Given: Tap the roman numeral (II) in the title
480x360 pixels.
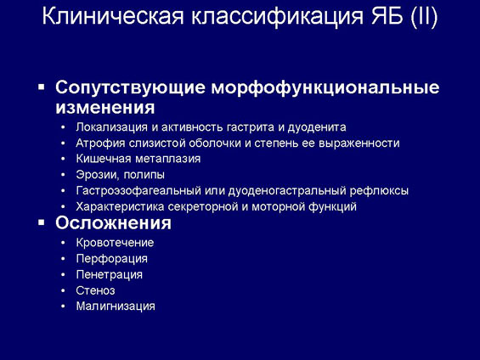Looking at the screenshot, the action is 424,16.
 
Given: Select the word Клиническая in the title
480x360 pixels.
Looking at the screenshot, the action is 113,16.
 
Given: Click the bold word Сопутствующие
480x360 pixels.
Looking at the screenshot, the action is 130,87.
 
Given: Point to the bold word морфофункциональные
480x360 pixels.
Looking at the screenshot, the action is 325,87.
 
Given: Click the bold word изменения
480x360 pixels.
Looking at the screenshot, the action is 105,107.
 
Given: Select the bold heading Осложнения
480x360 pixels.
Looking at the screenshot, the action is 113,222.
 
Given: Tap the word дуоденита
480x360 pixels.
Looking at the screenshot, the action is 317,127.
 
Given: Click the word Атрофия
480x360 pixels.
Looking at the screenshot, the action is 100,143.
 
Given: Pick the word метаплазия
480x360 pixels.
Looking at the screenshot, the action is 167,159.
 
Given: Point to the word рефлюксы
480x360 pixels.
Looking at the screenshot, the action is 379,191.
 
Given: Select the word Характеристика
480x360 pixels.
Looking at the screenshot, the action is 120,207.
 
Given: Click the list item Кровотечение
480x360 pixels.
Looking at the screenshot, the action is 115,243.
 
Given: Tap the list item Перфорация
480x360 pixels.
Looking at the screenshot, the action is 112,259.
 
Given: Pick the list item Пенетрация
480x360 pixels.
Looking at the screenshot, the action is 110,274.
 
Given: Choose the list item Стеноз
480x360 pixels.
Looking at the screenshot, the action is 95,290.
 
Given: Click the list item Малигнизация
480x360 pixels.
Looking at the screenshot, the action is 116,307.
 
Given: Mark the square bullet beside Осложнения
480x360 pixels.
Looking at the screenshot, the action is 42,222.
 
